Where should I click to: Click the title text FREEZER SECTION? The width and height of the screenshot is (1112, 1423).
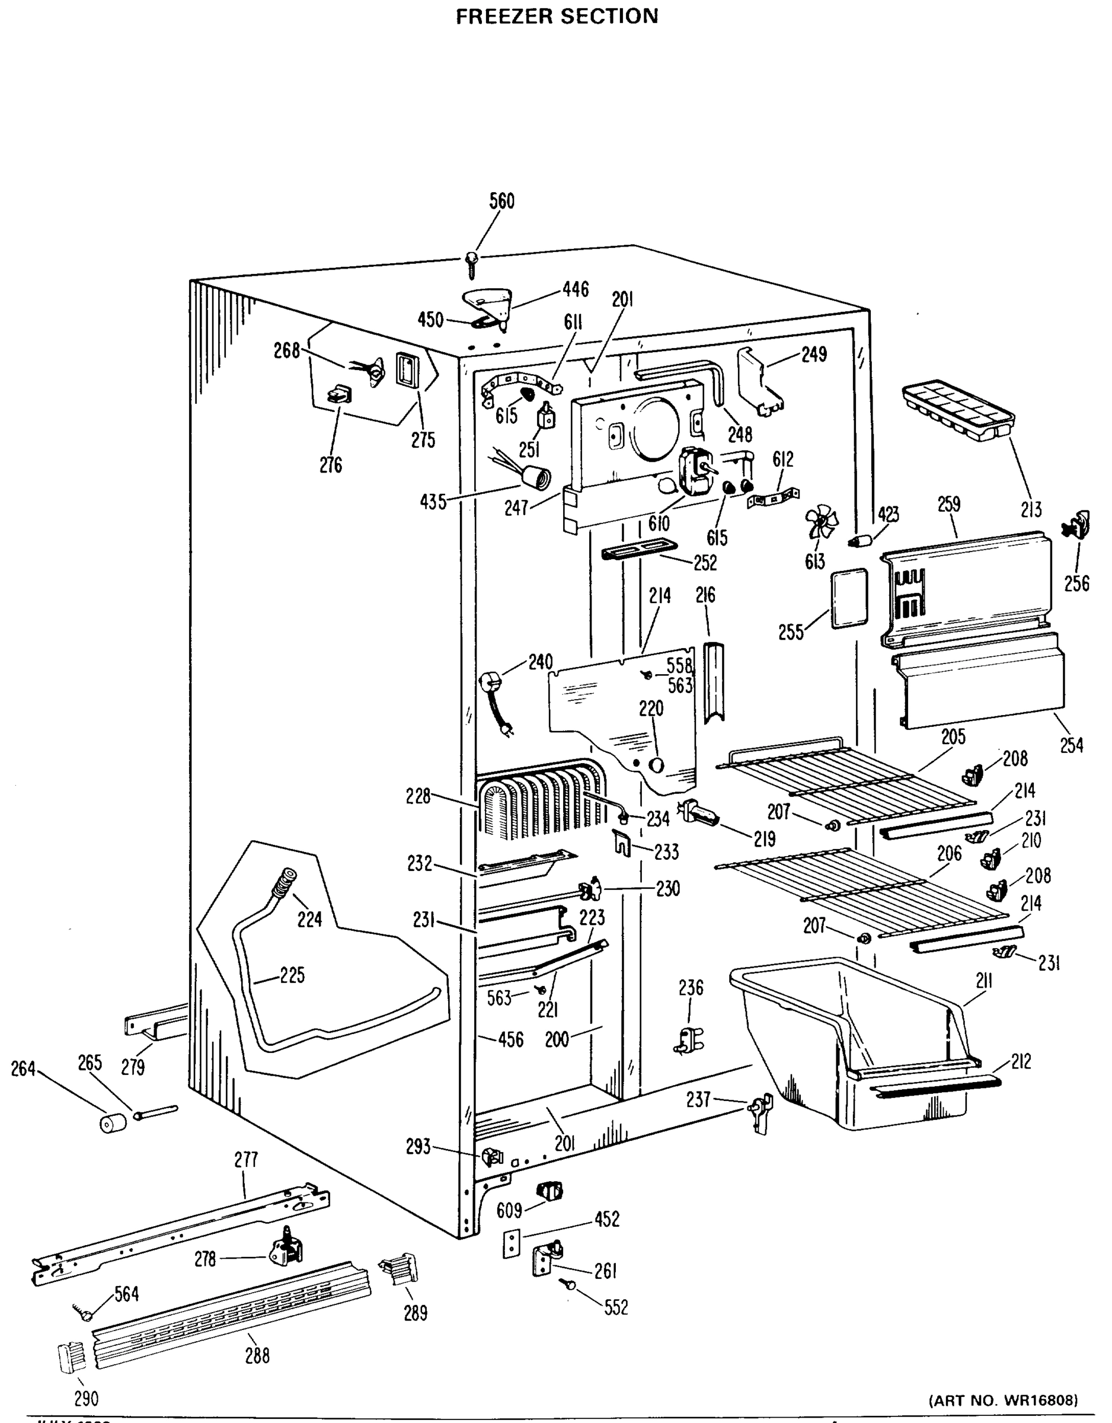tap(557, 16)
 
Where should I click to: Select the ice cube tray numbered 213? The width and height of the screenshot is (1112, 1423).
tap(958, 410)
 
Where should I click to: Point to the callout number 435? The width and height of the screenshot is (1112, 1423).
tap(433, 502)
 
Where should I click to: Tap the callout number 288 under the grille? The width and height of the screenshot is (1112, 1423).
tap(257, 1356)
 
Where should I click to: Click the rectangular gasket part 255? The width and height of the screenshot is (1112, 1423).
tap(849, 599)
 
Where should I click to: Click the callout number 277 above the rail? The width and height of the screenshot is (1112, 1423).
tap(246, 1160)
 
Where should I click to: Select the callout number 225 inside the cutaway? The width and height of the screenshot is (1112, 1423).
tap(292, 975)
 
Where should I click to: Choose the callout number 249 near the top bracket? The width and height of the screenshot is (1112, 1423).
tap(814, 354)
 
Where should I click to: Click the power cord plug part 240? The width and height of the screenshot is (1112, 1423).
tap(495, 704)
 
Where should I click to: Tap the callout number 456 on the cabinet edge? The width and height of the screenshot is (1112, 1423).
tap(510, 1040)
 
